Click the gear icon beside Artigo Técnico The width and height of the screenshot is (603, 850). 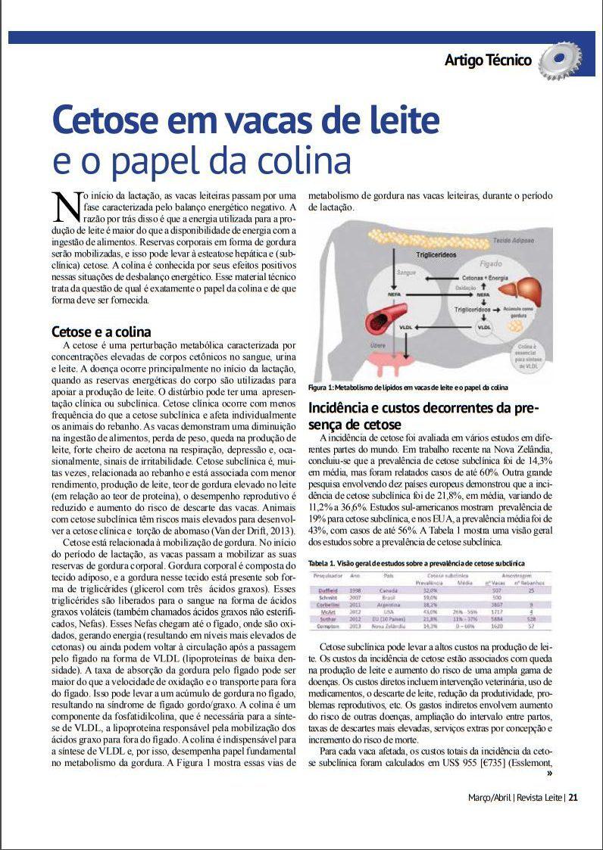click(560, 61)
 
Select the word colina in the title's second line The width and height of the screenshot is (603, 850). click(310, 160)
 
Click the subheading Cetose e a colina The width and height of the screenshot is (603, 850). click(101, 332)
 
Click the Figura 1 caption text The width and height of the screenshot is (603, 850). click(408, 388)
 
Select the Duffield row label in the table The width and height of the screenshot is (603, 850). click(326, 589)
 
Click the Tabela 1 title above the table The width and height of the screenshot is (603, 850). click(416, 563)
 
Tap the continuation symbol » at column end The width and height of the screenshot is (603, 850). click(548, 774)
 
